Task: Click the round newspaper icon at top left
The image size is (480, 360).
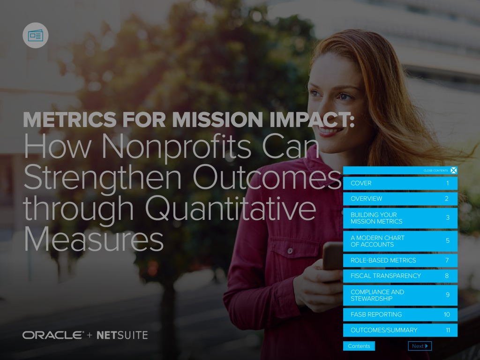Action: [x=36, y=36]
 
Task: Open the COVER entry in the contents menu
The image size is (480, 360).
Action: [x=400, y=183]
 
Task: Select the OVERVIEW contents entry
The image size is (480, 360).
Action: [x=400, y=199]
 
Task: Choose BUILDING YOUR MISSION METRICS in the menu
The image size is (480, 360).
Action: [x=400, y=218]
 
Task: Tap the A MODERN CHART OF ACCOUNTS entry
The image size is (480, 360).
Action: [x=400, y=241]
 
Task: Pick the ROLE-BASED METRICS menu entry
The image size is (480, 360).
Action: [x=400, y=260]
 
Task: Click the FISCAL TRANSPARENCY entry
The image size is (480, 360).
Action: [x=400, y=276]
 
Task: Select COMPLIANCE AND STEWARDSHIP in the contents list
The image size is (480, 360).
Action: [x=400, y=295]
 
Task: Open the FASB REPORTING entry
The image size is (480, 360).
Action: [x=400, y=315]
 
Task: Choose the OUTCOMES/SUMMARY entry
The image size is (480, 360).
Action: [x=400, y=330]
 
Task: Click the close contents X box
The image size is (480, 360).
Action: [x=454, y=171]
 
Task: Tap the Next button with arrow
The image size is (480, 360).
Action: [x=420, y=346]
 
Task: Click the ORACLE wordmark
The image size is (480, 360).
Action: [x=53, y=335]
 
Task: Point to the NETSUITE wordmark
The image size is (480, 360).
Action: [x=122, y=335]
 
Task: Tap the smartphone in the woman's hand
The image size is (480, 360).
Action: [x=332, y=256]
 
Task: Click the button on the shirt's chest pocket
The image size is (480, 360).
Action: [x=290, y=251]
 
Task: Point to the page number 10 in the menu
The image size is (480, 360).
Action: [x=447, y=315]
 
